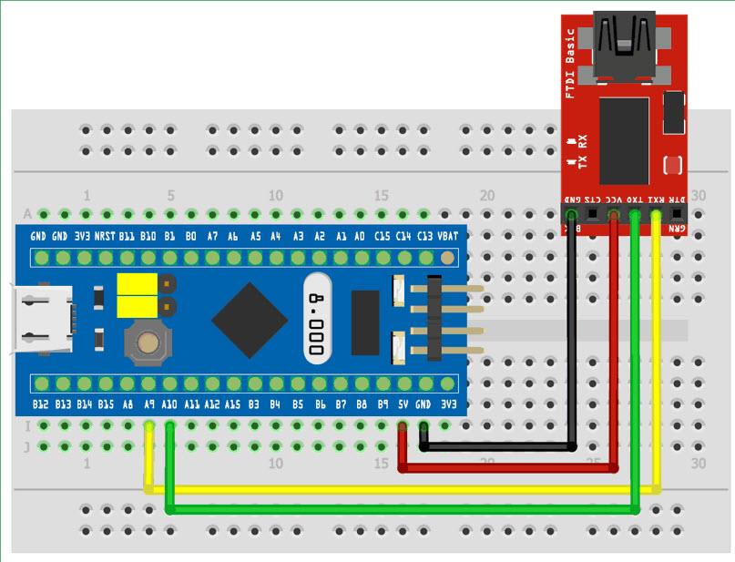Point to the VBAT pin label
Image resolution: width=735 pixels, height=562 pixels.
(447, 236)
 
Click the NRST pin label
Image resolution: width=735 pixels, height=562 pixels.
(105, 236)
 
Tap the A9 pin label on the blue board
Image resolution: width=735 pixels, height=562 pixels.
(148, 404)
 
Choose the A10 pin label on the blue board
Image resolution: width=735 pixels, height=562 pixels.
(170, 404)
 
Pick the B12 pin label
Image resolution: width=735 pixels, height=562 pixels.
(40, 404)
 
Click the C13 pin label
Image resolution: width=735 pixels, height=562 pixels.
(425, 236)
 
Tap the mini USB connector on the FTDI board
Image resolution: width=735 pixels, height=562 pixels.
(626, 42)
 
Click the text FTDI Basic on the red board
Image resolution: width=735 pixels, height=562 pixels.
(571, 64)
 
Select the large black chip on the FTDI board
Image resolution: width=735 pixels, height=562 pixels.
(624, 141)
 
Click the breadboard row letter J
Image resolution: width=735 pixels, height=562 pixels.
(27, 446)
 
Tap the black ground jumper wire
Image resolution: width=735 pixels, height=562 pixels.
(571, 346)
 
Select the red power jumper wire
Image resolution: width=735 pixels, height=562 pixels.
(616, 364)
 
